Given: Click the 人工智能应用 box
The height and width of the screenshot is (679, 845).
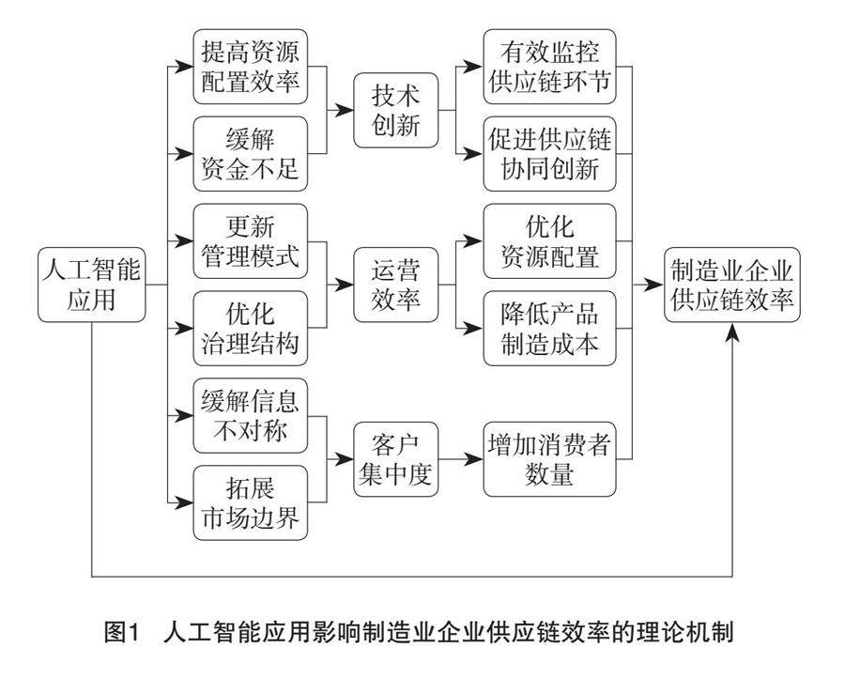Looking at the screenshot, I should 92,284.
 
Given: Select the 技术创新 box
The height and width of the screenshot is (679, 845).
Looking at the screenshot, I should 396,111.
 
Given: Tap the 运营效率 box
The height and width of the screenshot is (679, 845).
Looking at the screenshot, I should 396,285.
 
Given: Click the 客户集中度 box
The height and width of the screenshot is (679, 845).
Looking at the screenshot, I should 396,459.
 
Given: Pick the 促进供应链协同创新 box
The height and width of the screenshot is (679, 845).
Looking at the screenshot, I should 550,154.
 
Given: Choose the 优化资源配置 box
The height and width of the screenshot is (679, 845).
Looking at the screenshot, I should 550,240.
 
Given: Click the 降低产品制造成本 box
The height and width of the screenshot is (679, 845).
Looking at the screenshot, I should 550,328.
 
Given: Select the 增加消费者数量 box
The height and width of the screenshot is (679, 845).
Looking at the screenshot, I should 550,459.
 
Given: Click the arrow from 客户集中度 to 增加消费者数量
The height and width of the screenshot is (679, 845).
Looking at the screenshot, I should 461,459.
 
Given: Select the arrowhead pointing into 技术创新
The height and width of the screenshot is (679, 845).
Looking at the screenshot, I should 345,111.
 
